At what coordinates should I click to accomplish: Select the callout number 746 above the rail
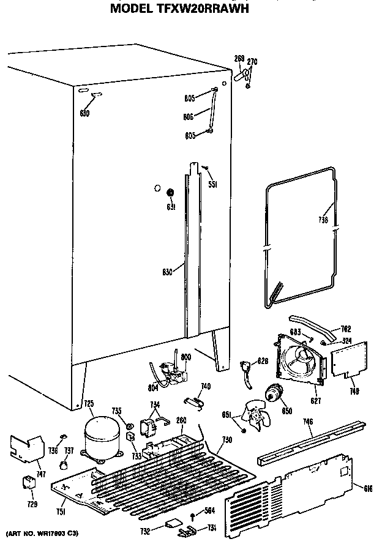click(x=307, y=422)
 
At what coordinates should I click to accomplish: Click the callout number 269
click(x=239, y=59)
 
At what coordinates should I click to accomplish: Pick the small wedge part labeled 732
click(x=172, y=524)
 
